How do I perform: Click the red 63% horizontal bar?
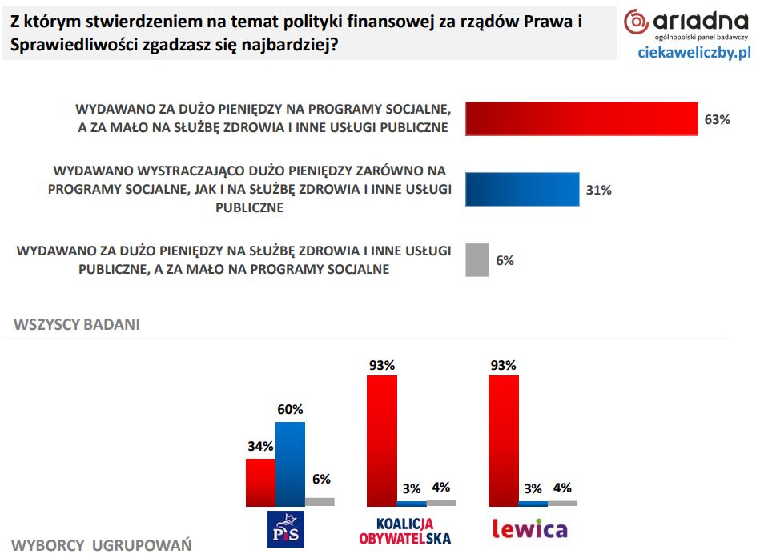pos(581,119)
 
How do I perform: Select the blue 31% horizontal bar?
pos(522,190)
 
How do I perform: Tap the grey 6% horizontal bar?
pos(477,259)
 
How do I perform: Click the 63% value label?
pos(717,120)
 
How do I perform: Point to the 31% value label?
pos(598,191)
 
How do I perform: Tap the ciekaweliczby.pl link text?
pos(694,53)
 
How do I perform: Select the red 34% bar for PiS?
pos(260,482)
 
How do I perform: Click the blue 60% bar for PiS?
pos(290,464)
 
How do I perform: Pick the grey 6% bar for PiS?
pos(320,502)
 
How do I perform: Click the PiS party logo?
pos(286,529)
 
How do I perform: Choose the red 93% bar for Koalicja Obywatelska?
pos(381,440)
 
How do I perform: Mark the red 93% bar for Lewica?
pos(504,440)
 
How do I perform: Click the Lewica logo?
pos(529,529)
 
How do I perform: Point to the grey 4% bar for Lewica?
pos(562,504)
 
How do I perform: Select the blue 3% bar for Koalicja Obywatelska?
pos(412,504)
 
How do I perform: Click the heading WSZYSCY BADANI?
pos(77,324)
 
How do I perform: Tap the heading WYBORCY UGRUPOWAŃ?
pos(102,545)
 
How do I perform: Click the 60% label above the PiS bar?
pos(290,409)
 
